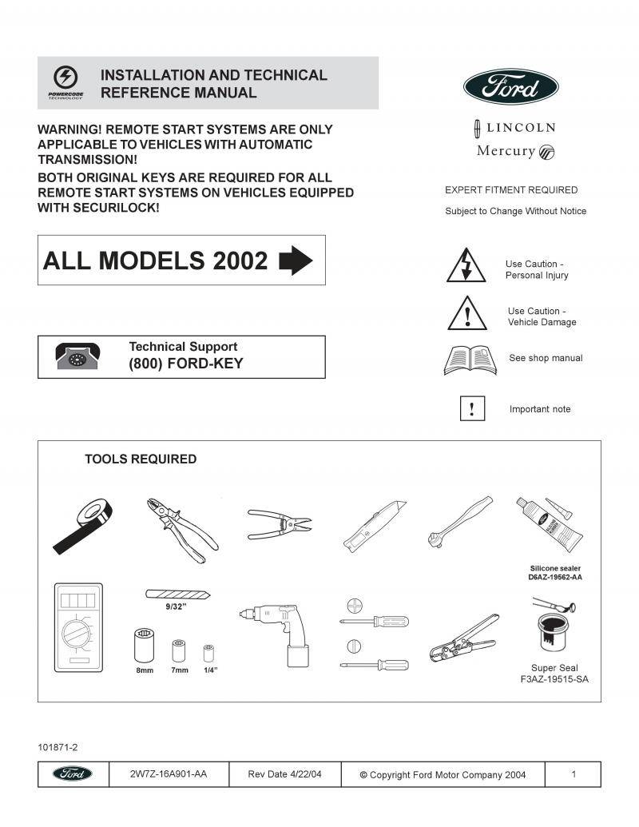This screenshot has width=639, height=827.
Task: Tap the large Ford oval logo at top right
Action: (511, 86)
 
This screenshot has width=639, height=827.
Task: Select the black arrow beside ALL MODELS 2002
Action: (296, 260)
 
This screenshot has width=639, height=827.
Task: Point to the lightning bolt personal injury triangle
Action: (466, 266)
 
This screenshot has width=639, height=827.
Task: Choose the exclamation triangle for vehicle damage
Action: (466, 313)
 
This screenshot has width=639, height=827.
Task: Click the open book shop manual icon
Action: (470, 360)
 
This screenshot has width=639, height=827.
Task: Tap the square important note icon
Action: (472, 409)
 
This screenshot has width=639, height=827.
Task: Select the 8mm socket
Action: (144, 644)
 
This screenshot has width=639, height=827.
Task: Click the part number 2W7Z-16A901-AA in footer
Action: (168, 774)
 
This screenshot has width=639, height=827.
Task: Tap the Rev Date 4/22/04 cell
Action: (284, 774)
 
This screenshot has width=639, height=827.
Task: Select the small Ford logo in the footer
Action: (73, 774)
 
